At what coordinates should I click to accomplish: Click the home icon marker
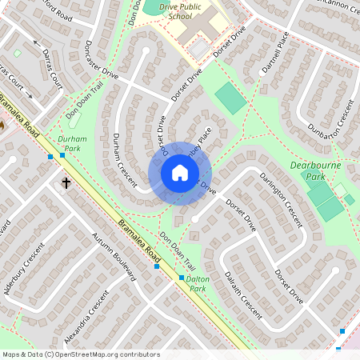tap(180, 173)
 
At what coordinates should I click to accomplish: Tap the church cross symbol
tap(66, 183)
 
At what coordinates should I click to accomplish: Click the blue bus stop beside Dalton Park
tap(182, 278)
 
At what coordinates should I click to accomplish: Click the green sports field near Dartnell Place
tap(231, 98)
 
